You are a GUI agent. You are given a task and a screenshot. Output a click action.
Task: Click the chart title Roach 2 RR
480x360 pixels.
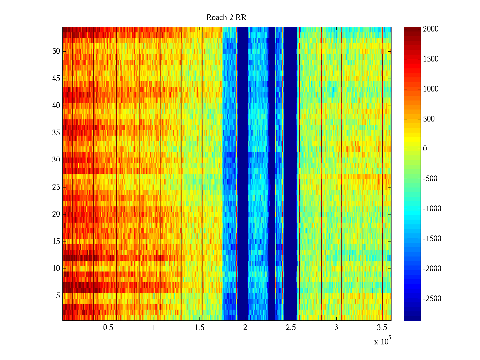(x=226, y=17)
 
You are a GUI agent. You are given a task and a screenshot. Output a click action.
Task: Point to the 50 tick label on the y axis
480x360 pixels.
(x=56, y=51)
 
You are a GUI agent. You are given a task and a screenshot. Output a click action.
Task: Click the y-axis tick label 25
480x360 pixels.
(x=56, y=187)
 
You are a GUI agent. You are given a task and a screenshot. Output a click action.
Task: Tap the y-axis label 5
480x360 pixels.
(x=58, y=295)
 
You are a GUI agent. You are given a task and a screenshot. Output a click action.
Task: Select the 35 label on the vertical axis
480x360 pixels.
(x=56, y=133)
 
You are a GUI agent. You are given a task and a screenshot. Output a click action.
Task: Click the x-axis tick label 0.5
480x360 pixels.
(x=108, y=327)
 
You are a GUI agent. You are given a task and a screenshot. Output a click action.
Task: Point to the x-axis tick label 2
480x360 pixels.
(x=245, y=327)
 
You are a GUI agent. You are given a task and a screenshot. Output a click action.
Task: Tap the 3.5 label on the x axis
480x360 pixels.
(x=382, y=327)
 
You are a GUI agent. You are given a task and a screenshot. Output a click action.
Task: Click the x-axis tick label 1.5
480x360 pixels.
(x=199, y=327)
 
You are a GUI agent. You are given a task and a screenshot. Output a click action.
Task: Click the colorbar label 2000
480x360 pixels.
(x=430, y=29)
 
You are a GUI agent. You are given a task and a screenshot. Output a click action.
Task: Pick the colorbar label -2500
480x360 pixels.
(x=432, y=298)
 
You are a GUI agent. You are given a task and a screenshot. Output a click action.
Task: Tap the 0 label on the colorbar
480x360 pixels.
(x=425, y=148)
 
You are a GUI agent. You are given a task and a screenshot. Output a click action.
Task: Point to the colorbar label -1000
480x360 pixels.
(x=432, y=208)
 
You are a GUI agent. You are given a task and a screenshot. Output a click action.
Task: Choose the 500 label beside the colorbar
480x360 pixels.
(x=429, y=119)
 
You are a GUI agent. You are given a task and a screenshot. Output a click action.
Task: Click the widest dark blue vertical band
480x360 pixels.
(x=290, y=174)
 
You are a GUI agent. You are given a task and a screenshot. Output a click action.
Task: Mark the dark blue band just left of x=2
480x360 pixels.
(x=243, y=174)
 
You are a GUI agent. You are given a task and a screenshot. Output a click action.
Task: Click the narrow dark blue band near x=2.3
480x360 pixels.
(x=272, y=174)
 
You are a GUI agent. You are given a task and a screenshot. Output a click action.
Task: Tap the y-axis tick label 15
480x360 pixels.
(x=56, y=241)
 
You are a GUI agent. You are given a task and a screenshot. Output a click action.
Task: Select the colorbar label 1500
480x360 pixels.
(x=430, y=59)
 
